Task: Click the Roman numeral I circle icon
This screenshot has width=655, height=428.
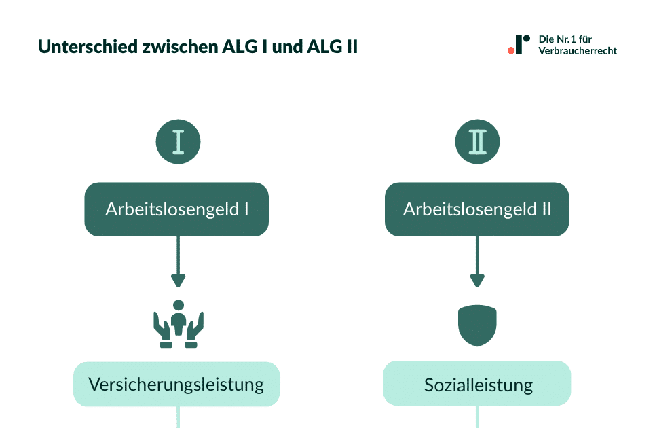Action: pyautogui.click(x=178, y=142)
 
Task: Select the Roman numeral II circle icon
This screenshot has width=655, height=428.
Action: pyautogui.click(x=477, y=142)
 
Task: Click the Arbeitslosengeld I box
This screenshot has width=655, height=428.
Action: pyautogui.click(x=176, y=209)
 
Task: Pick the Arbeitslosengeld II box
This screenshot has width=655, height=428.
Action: pyautogui.click(x=477, y=209)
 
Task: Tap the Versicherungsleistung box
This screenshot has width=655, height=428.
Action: pyautogui.click(x=176, y=385)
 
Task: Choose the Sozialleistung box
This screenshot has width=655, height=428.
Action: pyautogui.click(x=477, y=385)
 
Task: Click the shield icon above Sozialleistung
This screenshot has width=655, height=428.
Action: pyautogui.click(x=477, y=325)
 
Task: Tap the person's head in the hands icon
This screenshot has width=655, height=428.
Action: pyautogui.click(x=179, y=305)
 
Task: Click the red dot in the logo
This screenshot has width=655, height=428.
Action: pyautogui.click(x=510, y=50)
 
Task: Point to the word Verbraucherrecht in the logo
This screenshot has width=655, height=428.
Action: pyautogui.click(x=578, y=51)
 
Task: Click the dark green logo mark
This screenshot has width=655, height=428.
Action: pyautogui.click(x=521, y=43)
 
